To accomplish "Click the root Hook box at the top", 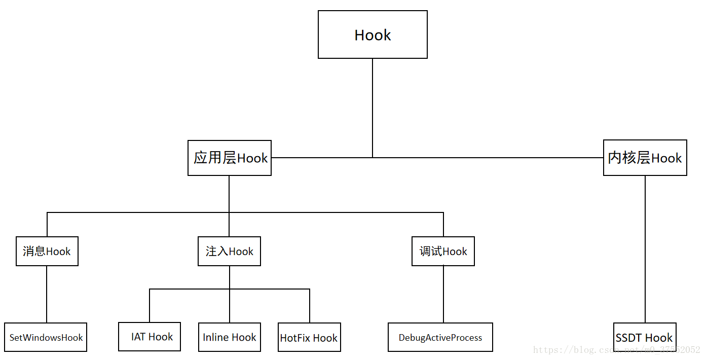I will pos(373,34).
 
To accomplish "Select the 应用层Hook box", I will pos(230,158).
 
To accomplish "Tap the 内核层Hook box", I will pos(645,158).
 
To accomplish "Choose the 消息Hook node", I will pos(47,251).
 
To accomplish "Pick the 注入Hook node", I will pos(229,251).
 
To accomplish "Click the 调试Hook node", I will pos(443,251).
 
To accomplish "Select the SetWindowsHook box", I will pos(46,337).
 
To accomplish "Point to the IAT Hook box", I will pos(150,337).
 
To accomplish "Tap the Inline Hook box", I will pos(229,337).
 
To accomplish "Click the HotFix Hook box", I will pos(309,338).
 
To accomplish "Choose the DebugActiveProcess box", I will pos(440,337).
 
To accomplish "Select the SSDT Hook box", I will pos(645,338).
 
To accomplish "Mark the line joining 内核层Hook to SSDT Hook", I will pos(645,248).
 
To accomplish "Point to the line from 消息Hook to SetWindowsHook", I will pos(47,294).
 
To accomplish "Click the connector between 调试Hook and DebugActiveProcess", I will pos(443,294).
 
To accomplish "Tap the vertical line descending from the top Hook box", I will pos(373,106).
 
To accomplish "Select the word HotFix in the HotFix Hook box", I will pos(295,338).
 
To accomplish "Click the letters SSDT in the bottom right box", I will pos(629,338).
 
